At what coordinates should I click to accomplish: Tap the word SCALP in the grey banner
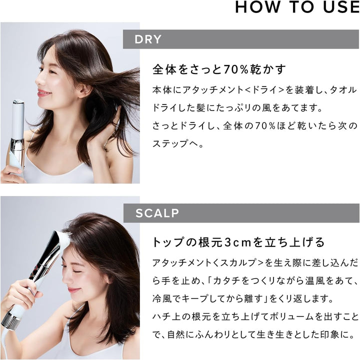pyautogui.click(x=157, y=213)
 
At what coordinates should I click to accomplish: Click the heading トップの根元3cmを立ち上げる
pyautogui.click(x=238, y=242)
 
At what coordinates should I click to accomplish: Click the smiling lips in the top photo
pyautogui.click(x=43, y=93)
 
